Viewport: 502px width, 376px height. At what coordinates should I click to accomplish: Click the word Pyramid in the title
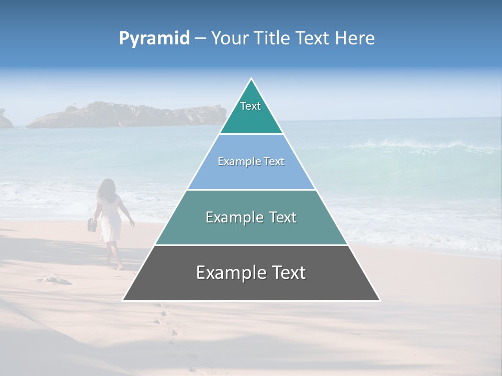154,39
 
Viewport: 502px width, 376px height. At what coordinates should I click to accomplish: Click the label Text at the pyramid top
250,106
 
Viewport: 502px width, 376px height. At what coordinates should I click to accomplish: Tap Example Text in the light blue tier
251,161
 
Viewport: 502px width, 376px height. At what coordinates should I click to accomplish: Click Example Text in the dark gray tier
251,273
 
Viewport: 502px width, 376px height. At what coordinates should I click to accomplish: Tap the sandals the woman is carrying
92,225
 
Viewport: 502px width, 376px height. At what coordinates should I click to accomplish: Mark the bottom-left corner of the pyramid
123,300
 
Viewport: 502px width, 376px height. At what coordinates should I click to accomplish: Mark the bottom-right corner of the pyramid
380,300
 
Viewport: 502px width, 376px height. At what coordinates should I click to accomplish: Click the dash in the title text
200,39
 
